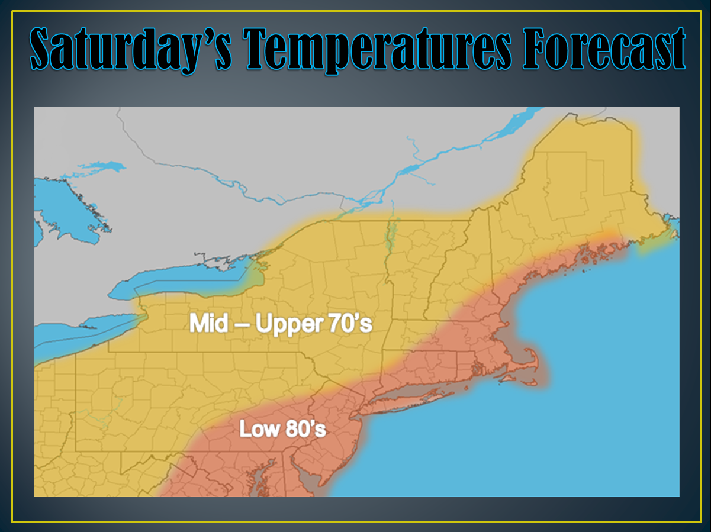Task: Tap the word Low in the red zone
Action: click(x=259, y=428)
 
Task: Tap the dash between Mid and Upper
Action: click(x=237, y=325)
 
